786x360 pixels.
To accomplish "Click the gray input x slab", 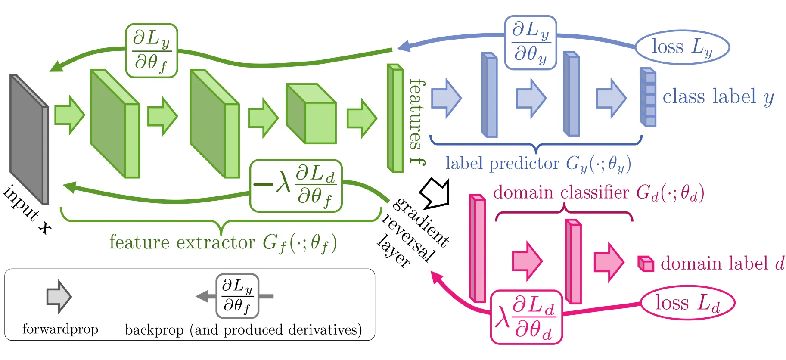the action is [x=29, y=139].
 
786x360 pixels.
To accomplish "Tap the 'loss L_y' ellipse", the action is [x=682, y=47].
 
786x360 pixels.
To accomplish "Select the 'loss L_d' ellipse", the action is [x=687, y=303].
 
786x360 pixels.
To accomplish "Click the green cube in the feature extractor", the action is [x=311, y=114].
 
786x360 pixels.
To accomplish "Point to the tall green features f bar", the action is [x=395, y=118].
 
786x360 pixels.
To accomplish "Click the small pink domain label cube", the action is [x=646, y=264].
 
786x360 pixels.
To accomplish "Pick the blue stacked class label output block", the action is [x=648, y=97].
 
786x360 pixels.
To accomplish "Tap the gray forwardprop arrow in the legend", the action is [x=59, y=297].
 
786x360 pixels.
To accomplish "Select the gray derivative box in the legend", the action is [x=237, y=296].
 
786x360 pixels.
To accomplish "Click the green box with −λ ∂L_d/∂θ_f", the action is [x=296, y=186].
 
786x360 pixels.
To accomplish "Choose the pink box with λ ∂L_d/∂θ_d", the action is [x=526, y=317].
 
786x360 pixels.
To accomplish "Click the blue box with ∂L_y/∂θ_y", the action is [x=531, y=43].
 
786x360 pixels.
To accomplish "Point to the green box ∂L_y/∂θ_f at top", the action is [x=152, y=51].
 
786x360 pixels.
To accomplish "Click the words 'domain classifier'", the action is [x=561, y=192].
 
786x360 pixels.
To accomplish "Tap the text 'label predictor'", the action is [x=502, y=163].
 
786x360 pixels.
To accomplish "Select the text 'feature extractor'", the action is [x=182, y=242].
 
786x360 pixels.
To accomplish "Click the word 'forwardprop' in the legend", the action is [x=60, y=329].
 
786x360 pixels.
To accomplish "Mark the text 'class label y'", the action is [x=718, y=97].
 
